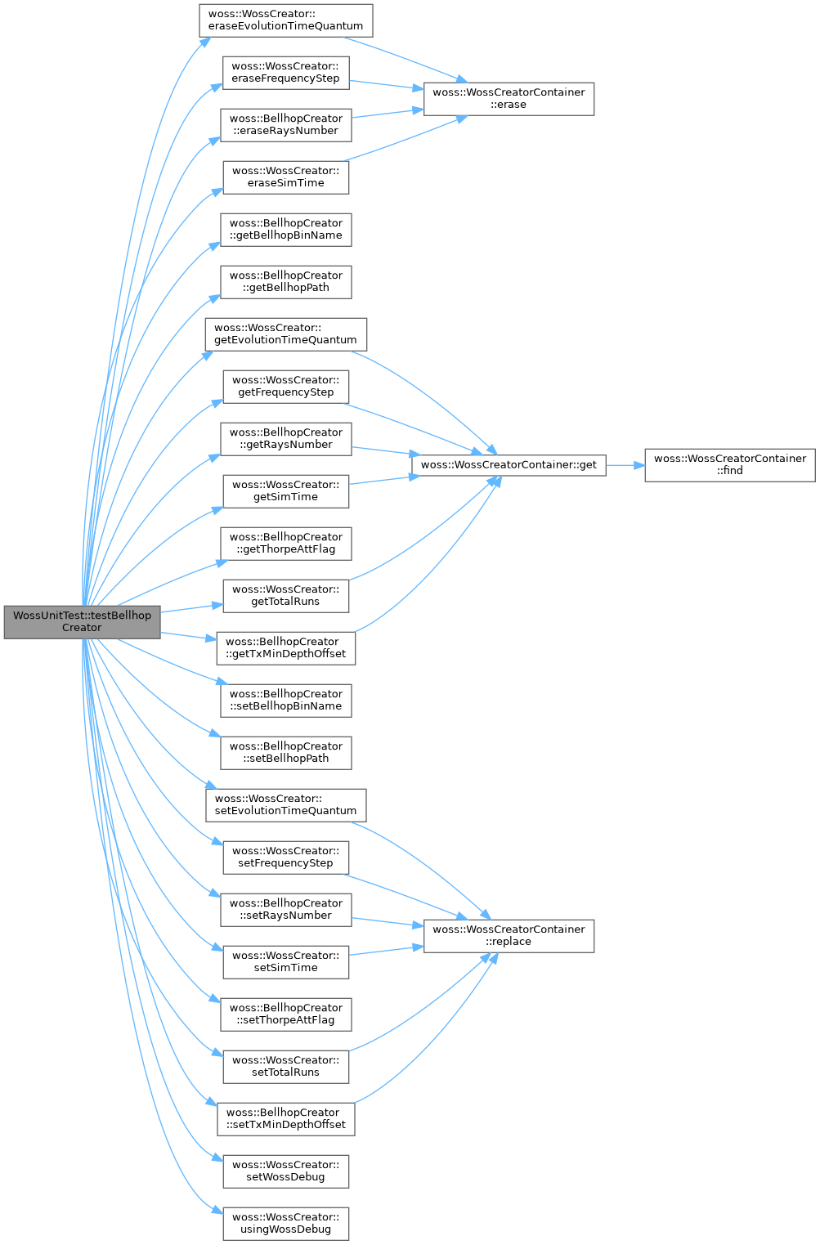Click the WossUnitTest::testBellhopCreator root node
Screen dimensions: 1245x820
[x=82, y=622]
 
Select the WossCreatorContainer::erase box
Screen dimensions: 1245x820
[x=509, y=99]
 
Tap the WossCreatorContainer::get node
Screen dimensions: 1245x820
[x=509, y=465]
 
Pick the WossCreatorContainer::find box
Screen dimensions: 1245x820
[x=730, y=465]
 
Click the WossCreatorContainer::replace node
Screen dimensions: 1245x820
[x=509, y=936]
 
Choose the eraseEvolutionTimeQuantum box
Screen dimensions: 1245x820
[x=286, y=20]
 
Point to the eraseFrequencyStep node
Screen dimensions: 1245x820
[x=286, y=73]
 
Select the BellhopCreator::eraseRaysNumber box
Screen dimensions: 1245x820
[x=286, y=125]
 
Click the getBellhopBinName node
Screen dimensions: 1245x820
[x=286, y=230]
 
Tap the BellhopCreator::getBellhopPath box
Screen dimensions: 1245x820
[x=286, y=282]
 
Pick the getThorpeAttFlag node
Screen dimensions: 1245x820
[x=286, y=544]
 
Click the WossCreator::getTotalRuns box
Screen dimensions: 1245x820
[x=286, y=596]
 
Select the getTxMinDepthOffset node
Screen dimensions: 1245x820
[x=286, y=648]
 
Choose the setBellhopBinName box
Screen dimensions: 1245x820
[x=286, y=701]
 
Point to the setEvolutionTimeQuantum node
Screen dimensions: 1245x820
[x=286, y=805]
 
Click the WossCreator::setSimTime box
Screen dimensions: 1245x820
[x=286, y=962]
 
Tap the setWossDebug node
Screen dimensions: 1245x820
[x=286, y=1171]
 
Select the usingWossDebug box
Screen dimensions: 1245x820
[x=286, y=1224]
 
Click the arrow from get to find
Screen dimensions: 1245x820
[x=625, y=465]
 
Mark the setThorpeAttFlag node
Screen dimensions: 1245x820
[x=286, y=1014]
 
